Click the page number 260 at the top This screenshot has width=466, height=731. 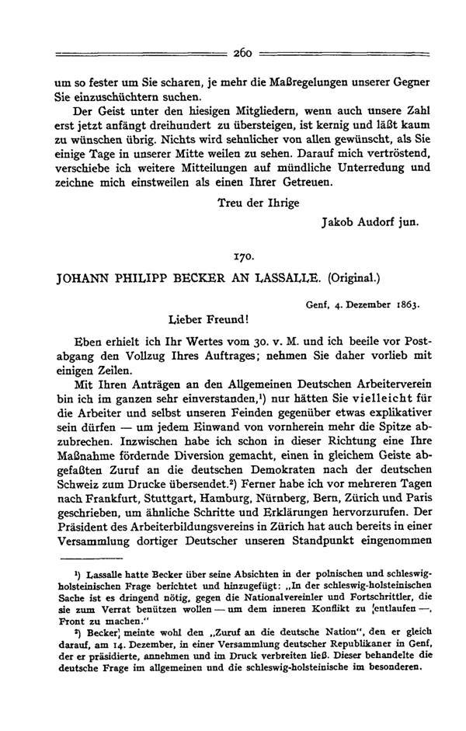[x=243, y=54]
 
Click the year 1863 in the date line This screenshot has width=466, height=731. [x=403, y=304]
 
